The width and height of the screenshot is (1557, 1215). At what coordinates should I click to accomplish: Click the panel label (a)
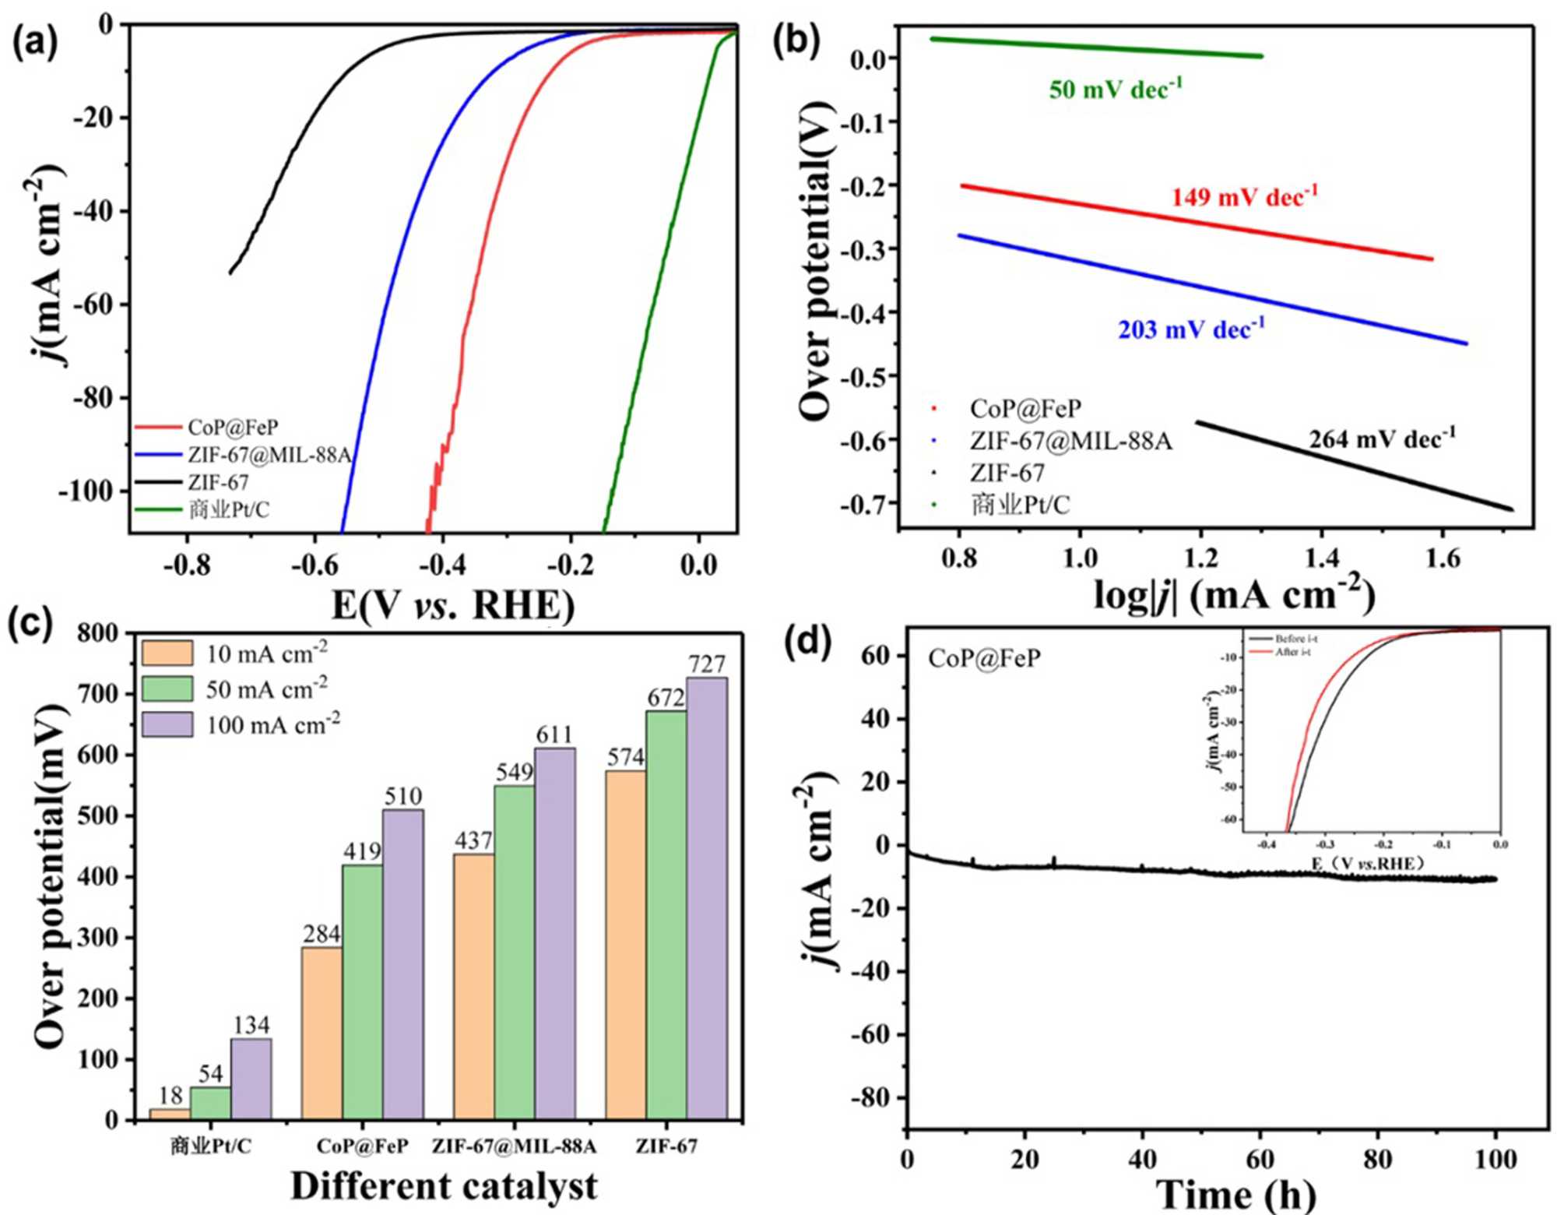34,43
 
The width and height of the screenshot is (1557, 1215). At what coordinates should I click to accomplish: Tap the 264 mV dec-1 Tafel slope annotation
1381,440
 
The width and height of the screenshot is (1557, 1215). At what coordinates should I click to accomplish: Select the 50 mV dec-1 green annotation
1115,90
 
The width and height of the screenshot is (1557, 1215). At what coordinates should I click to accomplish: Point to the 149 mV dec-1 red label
1244,196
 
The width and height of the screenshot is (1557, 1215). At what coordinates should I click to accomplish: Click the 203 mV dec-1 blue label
1191,329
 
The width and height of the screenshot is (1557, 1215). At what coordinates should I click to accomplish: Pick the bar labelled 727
706,896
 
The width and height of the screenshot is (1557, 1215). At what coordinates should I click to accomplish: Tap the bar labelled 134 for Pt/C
251,1079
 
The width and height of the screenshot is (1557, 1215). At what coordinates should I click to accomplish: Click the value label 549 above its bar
515,772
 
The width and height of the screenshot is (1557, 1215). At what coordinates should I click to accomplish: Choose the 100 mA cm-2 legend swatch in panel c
167,725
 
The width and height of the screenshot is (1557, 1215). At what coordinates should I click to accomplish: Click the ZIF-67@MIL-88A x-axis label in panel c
514,1146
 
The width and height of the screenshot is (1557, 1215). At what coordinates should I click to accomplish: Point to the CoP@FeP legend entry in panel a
232,428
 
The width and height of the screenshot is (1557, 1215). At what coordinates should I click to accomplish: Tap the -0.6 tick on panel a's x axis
315,564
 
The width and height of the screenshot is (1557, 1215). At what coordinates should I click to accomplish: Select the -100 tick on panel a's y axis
86,491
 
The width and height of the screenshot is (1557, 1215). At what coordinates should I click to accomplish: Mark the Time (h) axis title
1235,1194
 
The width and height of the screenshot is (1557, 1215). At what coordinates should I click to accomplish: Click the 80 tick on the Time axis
1377,1159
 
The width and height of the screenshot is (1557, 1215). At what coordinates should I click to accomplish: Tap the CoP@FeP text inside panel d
984,659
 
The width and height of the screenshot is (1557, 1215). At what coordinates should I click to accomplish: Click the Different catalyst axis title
444,1187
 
